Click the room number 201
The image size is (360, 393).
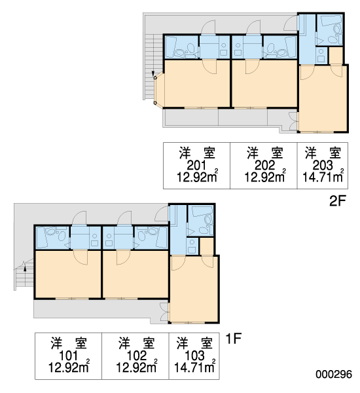coord(196,165)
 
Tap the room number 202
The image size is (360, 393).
coord(264,165)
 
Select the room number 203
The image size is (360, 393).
coord(323,165)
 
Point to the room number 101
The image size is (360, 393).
coord(68,356)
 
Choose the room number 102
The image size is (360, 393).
coord(136,356)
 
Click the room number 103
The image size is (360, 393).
coord(194,356)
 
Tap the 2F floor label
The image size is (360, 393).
coord(338,201)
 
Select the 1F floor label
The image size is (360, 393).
coord(233,339)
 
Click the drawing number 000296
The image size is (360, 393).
coord(333,374)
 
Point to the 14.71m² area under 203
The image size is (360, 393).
coord(323,176)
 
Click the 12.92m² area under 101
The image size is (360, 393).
coord(69,366)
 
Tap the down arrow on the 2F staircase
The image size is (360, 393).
coord(153,74)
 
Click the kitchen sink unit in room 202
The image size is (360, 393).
coord(237,49)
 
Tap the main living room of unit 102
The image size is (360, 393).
coord(135,274)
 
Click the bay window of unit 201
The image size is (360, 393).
coord(159,90)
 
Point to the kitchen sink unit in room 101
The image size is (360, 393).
coord(94,240)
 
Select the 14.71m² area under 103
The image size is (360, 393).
coord(194,366)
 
